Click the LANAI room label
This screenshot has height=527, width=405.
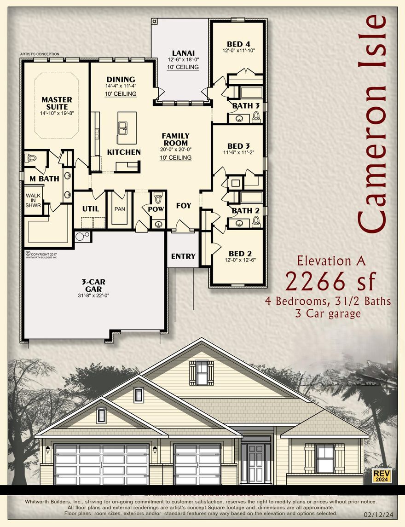[183, 52]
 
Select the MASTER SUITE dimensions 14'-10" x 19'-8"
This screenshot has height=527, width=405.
[57, 113]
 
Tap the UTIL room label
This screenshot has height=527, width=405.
[91, 208]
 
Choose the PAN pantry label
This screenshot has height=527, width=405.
[120, 209]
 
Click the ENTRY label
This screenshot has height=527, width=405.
[183, 256]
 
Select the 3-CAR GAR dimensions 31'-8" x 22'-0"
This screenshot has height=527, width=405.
[93, 296]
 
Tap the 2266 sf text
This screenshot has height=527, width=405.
[331, 281]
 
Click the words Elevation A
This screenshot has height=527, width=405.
[331, 261]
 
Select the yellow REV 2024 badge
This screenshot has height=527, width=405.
[382, 475]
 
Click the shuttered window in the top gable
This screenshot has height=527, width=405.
[202, 372]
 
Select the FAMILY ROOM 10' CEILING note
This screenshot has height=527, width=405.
[175, 158]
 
